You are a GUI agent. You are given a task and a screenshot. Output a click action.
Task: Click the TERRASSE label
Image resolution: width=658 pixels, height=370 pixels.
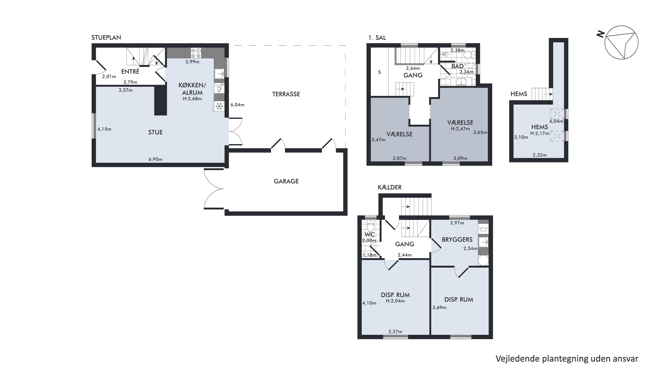click(x=286, y=94)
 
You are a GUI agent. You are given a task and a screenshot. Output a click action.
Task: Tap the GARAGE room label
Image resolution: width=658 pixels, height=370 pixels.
click(x=286, y=181)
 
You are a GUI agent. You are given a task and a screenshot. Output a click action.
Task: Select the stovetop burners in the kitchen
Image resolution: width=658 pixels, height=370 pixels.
click(x=196, y=53)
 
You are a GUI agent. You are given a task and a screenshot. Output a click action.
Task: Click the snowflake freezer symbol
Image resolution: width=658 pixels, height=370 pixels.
click(x=219, y=106)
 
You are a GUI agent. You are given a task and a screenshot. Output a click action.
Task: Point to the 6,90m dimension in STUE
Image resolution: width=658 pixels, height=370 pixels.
click(x=156, y=159)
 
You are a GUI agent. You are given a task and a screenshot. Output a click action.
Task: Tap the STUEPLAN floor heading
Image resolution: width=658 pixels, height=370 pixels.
click(x=106, y=38)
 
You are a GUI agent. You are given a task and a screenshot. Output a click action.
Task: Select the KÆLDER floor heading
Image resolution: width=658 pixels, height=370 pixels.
click(x=390, y=188)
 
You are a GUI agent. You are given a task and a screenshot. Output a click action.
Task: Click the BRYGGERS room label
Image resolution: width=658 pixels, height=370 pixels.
click(x=457, y=240)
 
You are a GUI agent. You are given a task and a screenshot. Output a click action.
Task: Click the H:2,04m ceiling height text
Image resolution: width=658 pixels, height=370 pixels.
click(x=395, y=301)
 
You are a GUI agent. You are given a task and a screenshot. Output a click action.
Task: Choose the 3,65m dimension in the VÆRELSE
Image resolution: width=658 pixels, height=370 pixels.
click(x=480, y=132)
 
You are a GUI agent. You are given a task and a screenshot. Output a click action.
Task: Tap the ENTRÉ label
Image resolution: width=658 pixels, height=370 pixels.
click(x=130, y=72)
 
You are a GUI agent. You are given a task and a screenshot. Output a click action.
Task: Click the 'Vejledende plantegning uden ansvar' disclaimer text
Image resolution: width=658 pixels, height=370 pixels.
click(x=567, y=359)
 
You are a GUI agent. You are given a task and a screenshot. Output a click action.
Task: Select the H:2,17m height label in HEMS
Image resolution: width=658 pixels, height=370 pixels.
click(x=540, y=133)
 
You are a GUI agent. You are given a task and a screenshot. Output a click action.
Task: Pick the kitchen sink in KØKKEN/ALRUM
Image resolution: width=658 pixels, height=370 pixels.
click(x=219, y=74)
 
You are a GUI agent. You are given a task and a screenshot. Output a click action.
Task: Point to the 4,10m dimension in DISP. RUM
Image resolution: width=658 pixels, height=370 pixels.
click(x=369, y=303)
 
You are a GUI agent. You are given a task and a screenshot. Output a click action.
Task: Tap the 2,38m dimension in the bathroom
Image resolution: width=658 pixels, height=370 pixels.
click(x=458, y=50)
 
